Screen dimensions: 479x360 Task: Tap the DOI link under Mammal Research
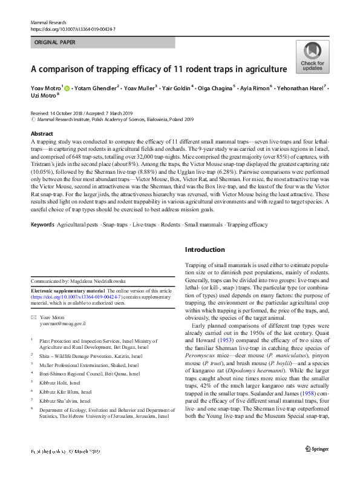pyautogui.click(x=73, y=28)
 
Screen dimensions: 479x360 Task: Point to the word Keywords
pyautogui.click(x=42, y=225)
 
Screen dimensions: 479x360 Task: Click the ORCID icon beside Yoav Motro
pyautogui.click(x=67, y=88)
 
